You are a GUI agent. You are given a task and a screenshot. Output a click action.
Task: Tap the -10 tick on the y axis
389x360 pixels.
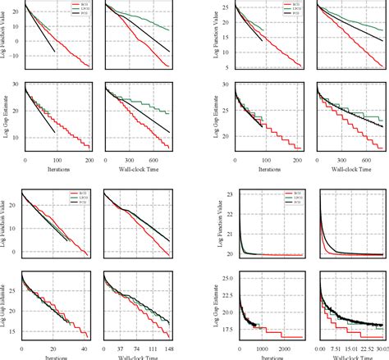(x=16, y=56)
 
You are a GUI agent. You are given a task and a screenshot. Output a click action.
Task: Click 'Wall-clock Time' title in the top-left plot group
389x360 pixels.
(x=138, y=171)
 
